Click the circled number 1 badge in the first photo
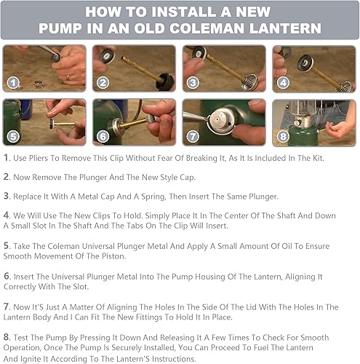tap(13, 83)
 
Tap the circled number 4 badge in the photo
tap(283, 83)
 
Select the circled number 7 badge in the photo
tap(193, 137)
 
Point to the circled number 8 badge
tap(283, 137)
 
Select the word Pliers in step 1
tap(39, 158)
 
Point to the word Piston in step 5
tap(114, 256)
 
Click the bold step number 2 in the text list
tap(7, 177)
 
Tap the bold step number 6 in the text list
tap(7, 277)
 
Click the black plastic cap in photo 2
tap(165, 82)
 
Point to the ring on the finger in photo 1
tap(68, 78)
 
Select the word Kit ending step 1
tap(318, 158)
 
